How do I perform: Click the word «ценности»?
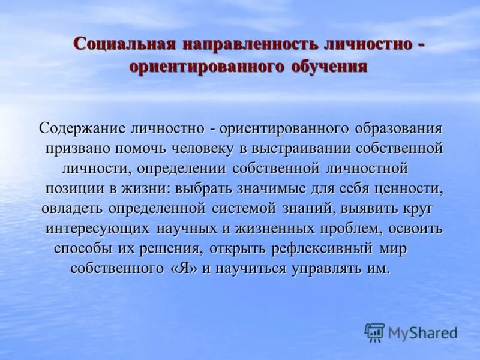410,188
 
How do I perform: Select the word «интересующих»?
98,229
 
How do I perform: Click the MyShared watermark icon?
374,332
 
